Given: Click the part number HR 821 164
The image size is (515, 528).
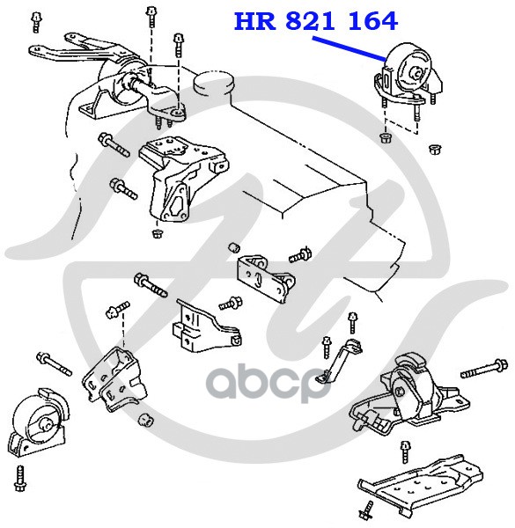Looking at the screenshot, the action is [x=316, y=21].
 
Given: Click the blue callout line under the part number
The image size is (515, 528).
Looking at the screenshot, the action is [x=349, y=49].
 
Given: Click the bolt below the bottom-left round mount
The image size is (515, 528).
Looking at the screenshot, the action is [x=19, y=479].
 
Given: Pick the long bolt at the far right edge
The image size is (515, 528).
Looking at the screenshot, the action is [x=484, y=369].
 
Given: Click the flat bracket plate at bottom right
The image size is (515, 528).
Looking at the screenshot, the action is [x=420, y=484].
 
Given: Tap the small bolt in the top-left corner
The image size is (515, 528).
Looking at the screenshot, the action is [x=36, y=22].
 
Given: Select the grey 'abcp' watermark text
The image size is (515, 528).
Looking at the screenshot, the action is [x=268, y=385].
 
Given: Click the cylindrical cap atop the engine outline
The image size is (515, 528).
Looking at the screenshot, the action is [x=214, y=84].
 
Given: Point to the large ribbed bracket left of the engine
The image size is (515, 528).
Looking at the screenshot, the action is [x=181, y=179].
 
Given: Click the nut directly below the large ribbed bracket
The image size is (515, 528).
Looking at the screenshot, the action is [x=157, y=233].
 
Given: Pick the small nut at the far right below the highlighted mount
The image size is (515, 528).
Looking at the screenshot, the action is [x=435, y=149].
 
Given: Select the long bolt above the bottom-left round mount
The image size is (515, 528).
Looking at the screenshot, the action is [x=54, y=363].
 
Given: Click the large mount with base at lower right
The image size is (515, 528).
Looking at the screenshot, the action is [x=408, y=394].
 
